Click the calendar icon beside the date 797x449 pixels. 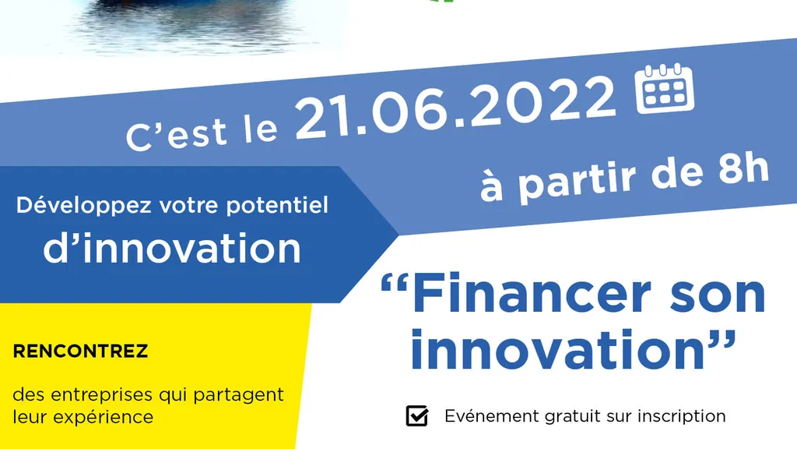click(665, 89)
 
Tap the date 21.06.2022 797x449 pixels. click(455, 108)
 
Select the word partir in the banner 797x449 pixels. click(578, 182)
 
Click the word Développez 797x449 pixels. click(84, 206)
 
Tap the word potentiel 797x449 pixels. click(277, 206)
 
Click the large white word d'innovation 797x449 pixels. click(172, 248)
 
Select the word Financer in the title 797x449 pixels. click(531, 294)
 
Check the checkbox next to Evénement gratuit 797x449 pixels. click(417, 415)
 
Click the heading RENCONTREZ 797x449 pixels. click(80, 352)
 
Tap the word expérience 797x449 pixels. click(104, 418)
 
